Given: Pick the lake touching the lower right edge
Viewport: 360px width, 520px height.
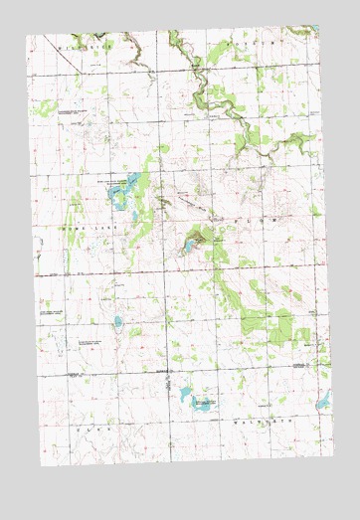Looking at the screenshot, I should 322,401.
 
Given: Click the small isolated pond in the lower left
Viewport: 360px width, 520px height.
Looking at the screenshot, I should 117,321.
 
